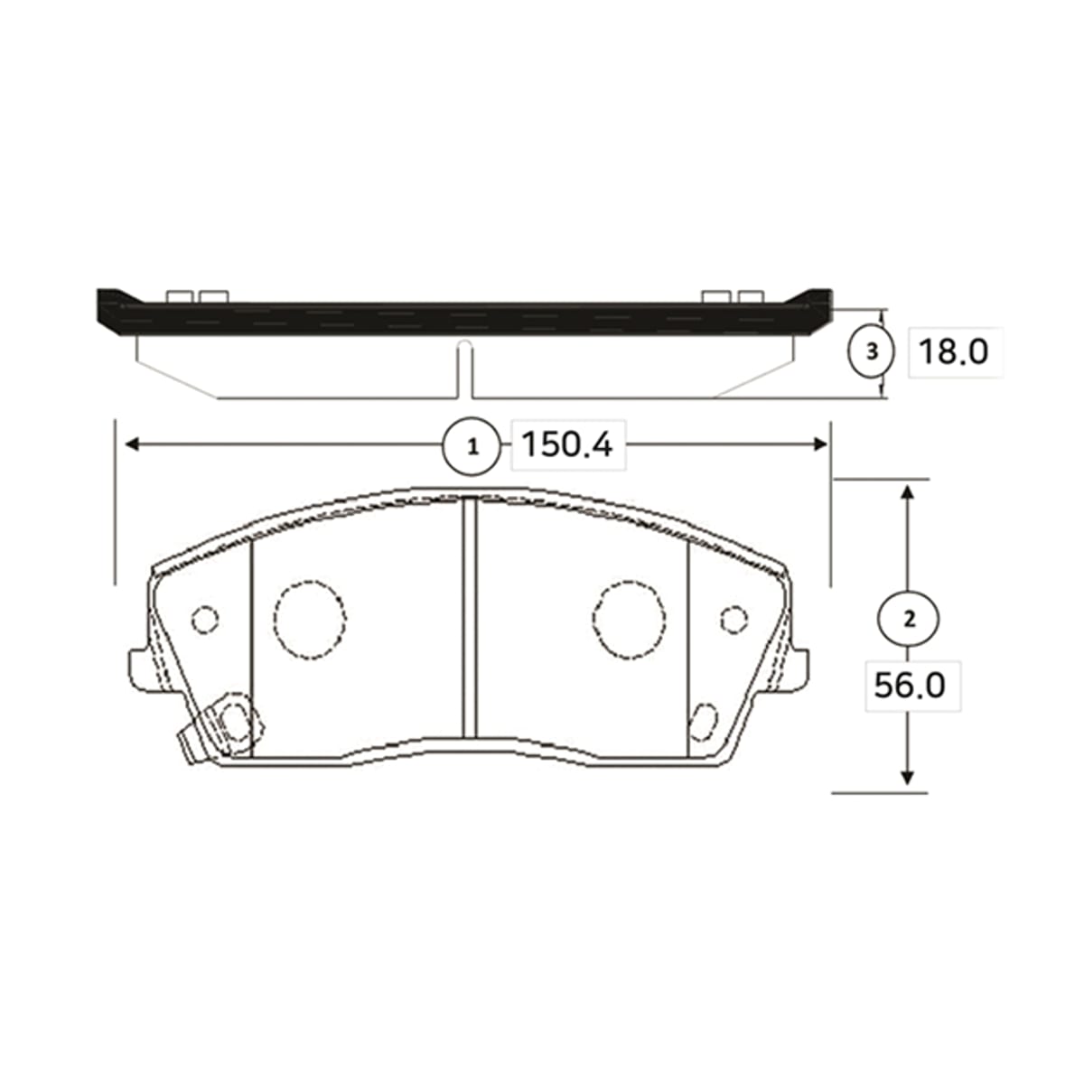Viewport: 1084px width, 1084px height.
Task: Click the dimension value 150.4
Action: click(567, 445)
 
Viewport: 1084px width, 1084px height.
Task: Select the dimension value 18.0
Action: click(953, 352)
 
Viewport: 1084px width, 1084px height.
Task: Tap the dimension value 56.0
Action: click(910, 686)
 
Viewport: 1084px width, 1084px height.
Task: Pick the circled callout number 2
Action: click(909, 619)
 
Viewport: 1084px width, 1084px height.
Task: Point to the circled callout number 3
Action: click(872, 352)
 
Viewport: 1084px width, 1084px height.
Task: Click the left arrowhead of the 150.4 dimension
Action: click(132, 445)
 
